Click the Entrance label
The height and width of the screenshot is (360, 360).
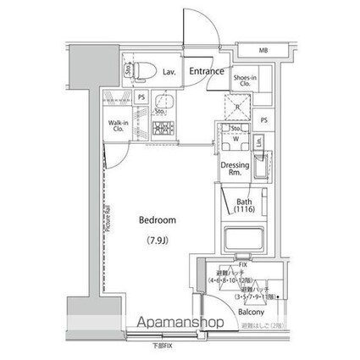point(207,72)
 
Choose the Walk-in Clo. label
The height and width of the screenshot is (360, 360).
point(118,128)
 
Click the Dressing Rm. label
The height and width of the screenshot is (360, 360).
point(234,168)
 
